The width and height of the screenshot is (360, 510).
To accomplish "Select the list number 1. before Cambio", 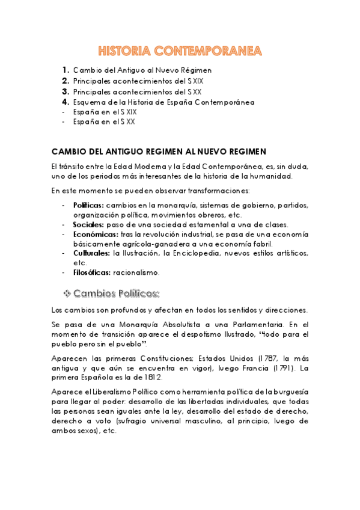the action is [66, 70].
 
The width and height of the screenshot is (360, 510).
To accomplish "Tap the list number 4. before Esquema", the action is [66, 102].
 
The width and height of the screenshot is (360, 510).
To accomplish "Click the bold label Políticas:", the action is [88, 205].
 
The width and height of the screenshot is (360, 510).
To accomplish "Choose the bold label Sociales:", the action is [88, 224].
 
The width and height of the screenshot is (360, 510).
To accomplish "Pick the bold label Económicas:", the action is [93, 234].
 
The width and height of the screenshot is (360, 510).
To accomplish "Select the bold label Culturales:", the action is [91, 253].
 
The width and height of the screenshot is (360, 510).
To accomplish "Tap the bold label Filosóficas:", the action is [93, 272].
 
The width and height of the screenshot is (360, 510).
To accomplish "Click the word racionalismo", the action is [137, 272].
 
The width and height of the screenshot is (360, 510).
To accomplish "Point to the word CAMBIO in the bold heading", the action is [67, 150].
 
